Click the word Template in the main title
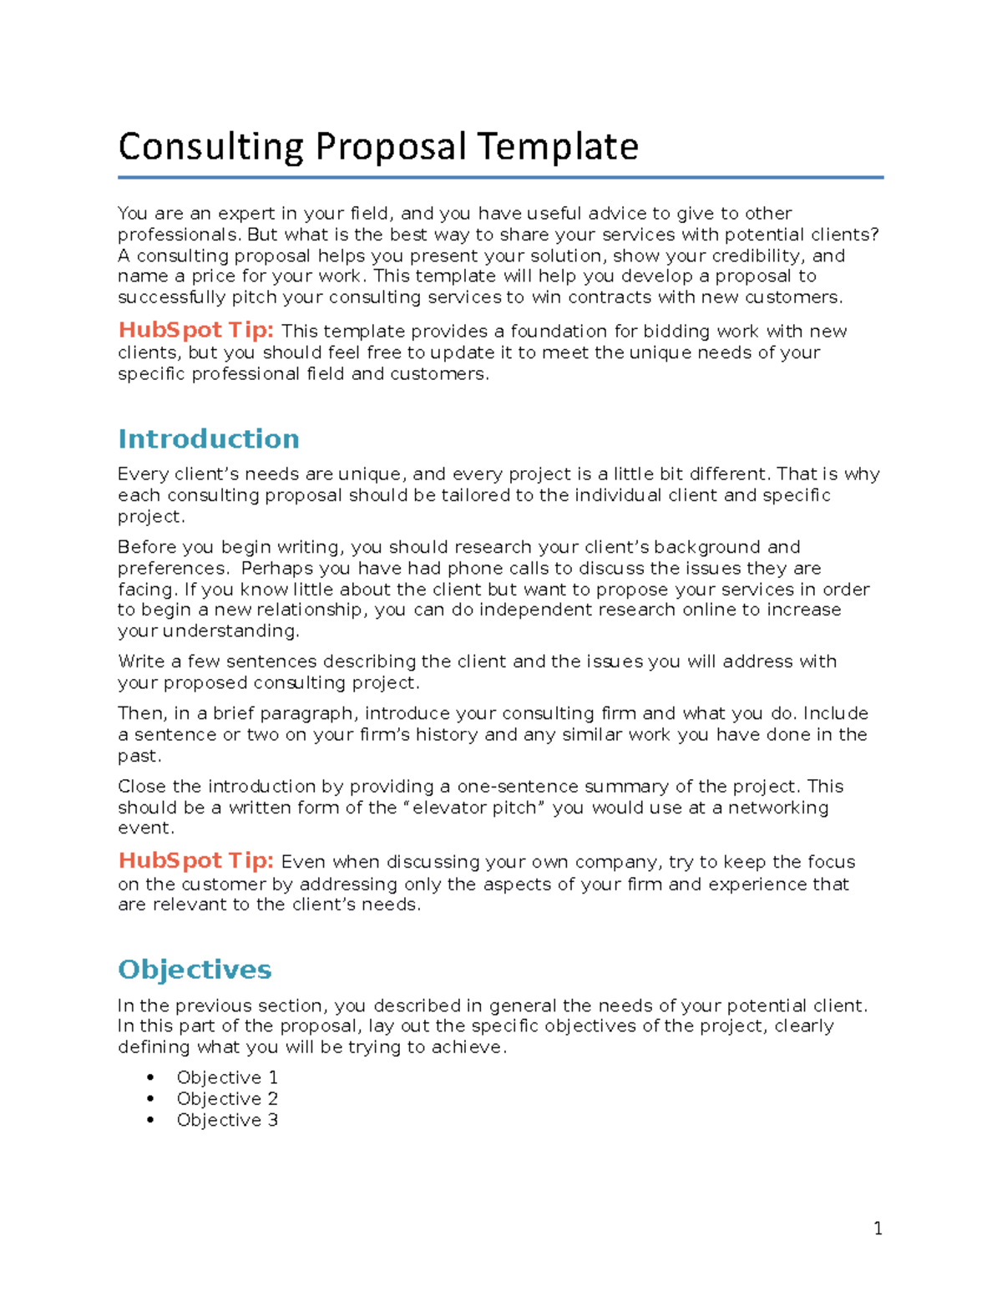[x=557, y=147]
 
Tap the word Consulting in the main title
[x=210, y=147]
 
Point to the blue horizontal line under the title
[x=500, y=177]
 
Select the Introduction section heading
[x=209, y=439]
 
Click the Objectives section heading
[x=195, y=970]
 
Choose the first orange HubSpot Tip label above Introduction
[x=195, y=331]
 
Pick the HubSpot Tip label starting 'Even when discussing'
[x=195, y=861]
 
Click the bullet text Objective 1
[x=227, y=1077]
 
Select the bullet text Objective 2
[x=227, y=1099]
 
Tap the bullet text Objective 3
[x=227, y=1120]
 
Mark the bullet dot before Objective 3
[x=151, y=1120]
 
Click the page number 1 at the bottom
[x=878, y=1228]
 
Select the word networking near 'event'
[x=778, y=808]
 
